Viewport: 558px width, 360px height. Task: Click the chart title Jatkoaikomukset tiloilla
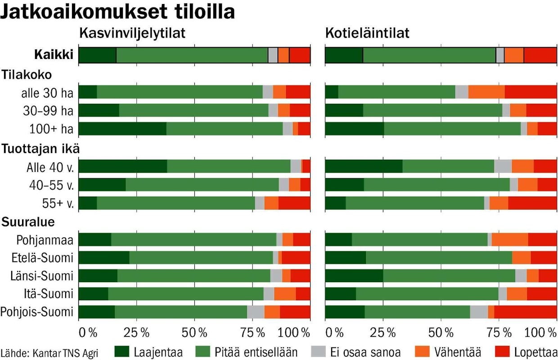point(117,12)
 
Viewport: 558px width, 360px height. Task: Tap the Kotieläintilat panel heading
point(367,34)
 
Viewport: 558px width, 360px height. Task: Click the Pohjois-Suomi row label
point(37,312)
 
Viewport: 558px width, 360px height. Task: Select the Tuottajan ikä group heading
point(41,148)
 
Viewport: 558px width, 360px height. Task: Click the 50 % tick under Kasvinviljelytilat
point(195,333)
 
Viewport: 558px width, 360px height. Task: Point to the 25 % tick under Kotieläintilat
point(383,333)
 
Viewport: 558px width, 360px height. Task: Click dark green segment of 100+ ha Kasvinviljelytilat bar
point(122,129)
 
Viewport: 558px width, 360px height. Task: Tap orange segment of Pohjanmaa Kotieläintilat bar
point(509,240)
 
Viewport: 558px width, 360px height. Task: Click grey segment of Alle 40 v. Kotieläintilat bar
point(503,166)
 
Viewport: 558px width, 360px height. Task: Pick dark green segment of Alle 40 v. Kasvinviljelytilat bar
point(123,166)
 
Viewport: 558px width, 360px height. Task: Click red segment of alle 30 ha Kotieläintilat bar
point(531,91)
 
